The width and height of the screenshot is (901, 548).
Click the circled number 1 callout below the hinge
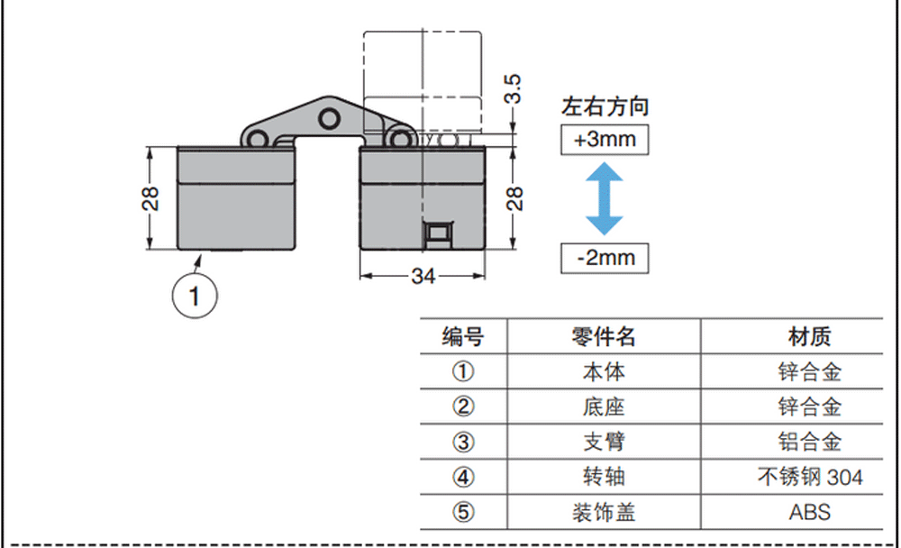pyautogui.click(x=195, y=297)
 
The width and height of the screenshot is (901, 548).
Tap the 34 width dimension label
pyautogui.click(x=423, y=277)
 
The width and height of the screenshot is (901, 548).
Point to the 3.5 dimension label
pyautogui.click(x=513, y=88)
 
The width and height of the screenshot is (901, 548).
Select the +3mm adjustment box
pyautogui.click(x=605, y=140)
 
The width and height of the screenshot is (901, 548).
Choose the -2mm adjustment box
pyautogui.click(x=605, y=258)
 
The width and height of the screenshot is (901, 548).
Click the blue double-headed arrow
pyautogui.click(x=605, y=198)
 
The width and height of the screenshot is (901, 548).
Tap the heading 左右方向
pyautogui.click(x=605, y=107)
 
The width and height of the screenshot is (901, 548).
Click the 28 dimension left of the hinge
pyautogui.click(x=150, y=198)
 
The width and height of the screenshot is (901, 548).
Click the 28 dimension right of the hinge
pyautogui.click(x=514, y=198)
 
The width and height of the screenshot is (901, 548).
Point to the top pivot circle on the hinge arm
pyautogui.click(x=329, y=119)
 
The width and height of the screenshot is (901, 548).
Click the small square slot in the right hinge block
pyautogui.click(x=438, y=233)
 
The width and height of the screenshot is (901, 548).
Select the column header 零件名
pyautogui.click(x=604, y=337)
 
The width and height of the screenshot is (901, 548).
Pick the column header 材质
pyautogui.click(x=809, y=337)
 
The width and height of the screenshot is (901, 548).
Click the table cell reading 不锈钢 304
pyautogui.click(x=810, y=477)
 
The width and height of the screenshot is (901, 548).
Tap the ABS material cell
pyautogui.click(x=810, y=512)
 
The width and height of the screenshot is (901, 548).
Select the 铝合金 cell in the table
pyautogui.click(x=810, y=442)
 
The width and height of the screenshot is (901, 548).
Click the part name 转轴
pyautogui.click(x=604, y=477)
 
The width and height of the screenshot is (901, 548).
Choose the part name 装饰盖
pyautogui.click(x=604, y=512)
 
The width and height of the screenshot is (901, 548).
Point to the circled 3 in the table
pyautogui.click(x=463, y=443)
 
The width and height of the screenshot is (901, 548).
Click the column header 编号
pyautogui.click(x=463, y=337)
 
